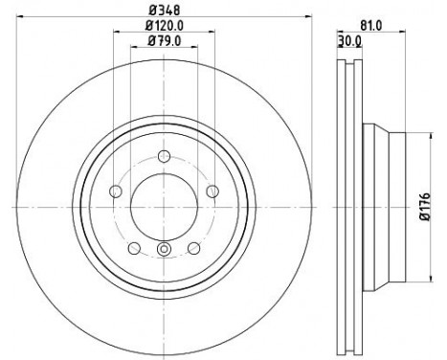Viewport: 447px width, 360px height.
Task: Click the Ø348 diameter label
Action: pyautogui.click(x=163, y=11)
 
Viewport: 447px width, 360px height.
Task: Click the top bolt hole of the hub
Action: pyautogui.click(x=164, y=157)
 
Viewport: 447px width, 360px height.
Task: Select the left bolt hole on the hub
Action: pyautogui.click(x=117, y=190)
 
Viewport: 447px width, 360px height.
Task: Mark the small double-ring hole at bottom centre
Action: pyautogui.click(x=164, y=251)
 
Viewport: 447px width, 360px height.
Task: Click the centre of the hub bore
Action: pyautogui.click(x=164, y=204)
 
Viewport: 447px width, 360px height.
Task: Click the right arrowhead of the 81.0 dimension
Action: pyautogui.click(x=413, y=34)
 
